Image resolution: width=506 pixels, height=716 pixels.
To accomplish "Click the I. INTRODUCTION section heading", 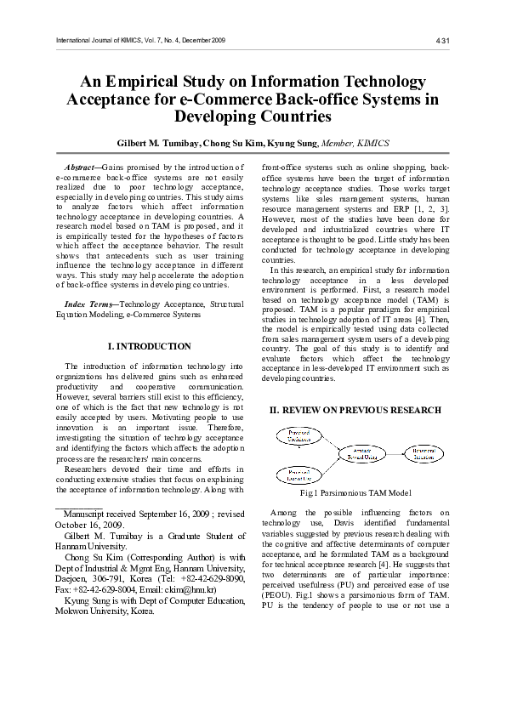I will pos(150,346).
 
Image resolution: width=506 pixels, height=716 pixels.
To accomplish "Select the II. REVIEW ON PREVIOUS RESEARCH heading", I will pos(355,410).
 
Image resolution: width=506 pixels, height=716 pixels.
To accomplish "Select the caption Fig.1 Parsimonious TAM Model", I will pos(355,492).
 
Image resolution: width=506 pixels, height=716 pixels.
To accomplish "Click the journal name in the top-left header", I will pos(140,40).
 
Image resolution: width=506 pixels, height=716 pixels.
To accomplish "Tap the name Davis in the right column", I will pos(347,523).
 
